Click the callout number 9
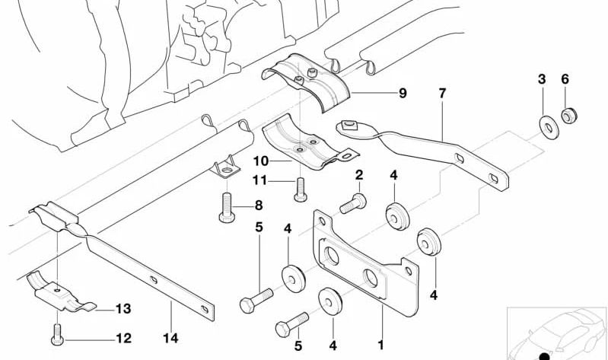[x=403, y=94]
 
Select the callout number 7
[x=441, y=94]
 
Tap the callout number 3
[x=542, y=79]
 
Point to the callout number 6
[x=565, y=79]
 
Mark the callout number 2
[x=358, y=176]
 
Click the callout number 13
[x=123, y=308]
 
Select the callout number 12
[x=123, y=338]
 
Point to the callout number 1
[x=381, y=344]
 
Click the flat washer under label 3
[x=546, y=126]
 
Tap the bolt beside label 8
[x=228, y=207]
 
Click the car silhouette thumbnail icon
[x=556, y=333]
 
